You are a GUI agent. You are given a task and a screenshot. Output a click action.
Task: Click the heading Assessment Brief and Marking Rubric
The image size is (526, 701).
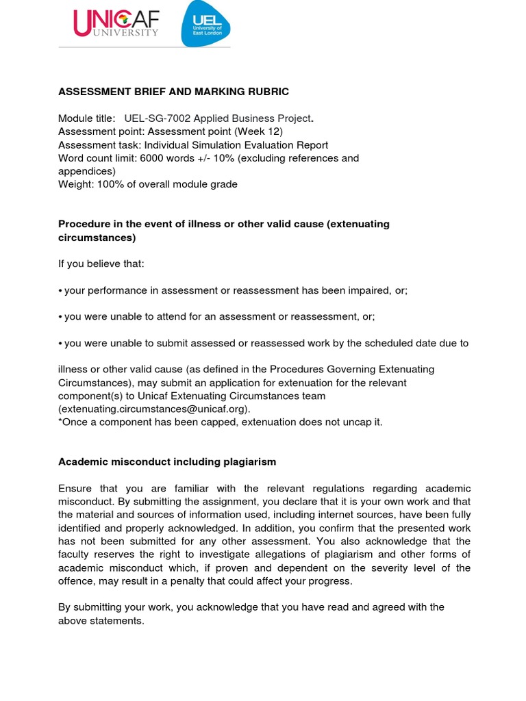(x=173, y=92)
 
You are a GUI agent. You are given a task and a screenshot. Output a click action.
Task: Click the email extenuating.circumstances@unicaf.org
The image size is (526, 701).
(x=154, y=409)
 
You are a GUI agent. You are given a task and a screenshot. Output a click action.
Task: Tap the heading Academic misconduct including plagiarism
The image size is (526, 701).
(x=167, y=461)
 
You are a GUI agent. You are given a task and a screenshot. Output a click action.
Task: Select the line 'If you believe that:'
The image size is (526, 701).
(x=101, y=264)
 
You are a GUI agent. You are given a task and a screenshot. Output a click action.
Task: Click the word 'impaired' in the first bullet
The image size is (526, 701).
(x=368, y=290)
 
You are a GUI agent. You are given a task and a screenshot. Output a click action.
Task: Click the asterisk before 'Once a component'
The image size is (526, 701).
(x=60, y=422)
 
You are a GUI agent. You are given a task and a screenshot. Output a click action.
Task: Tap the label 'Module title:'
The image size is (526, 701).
(x=87, y=118)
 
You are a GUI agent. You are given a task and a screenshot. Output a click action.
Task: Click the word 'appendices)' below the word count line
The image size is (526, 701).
(x=87, y=171)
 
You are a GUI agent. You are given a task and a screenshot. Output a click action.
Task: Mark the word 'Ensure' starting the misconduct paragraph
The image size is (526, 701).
(x=76, y=488)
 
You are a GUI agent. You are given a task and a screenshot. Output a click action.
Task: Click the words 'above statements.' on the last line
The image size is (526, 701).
(x=101, y=620)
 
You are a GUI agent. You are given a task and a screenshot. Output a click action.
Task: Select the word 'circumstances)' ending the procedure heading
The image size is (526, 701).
(x=97, y=238)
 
